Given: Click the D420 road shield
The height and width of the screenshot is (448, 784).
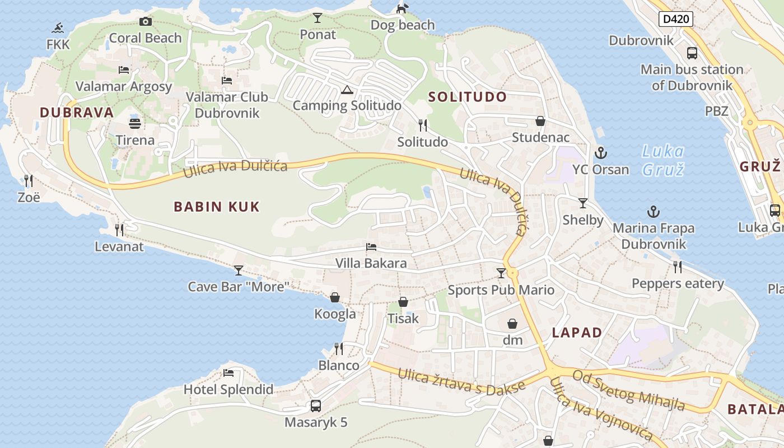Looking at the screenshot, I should (x=676, y=20).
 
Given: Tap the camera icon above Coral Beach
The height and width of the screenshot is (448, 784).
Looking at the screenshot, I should (x=146, y=22).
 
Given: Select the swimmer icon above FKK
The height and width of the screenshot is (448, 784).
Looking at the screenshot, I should (x=58, y=27).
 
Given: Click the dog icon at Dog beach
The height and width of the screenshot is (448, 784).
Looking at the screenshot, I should (x=402, y=8).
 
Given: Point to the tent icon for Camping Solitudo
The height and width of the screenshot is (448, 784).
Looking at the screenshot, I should (x=347, y=90).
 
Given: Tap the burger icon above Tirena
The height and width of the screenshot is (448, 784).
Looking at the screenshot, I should (x=135, y=123).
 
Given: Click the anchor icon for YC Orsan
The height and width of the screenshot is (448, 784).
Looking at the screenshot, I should (x=600, y=152).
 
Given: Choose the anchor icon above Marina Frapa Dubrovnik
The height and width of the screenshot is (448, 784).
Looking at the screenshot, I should (x=653, y=212).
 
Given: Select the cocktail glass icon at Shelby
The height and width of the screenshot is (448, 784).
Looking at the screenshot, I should (x=583, y=203).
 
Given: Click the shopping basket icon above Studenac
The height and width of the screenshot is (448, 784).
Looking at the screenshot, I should (x=540, y=121).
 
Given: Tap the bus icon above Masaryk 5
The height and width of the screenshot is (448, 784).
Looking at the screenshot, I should (x=316, y=405).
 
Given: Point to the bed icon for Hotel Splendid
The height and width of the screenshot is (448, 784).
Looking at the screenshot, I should (x=228, y=373).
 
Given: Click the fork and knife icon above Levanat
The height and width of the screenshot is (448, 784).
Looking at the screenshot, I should (x=119, y=230).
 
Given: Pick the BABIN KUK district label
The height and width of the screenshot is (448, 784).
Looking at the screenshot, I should (x=217, y=207).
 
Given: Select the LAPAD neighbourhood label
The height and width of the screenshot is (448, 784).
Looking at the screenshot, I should (x=577, y=333).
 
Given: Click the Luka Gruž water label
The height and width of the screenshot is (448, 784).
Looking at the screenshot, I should (x=663, y=160).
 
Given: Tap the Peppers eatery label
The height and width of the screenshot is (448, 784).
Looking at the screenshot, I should (x=678, y=283).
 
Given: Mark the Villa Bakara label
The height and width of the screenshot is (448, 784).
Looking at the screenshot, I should (x=371, y=263).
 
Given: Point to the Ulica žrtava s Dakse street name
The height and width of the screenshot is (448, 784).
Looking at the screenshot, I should (x=461, y=381).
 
